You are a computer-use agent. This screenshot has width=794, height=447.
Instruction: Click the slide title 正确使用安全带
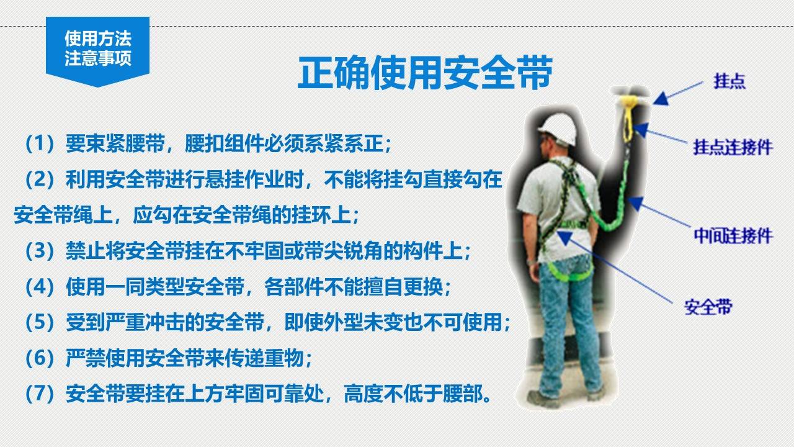[x=424, y=74]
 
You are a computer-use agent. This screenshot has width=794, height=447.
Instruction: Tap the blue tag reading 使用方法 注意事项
[x=98, y=49]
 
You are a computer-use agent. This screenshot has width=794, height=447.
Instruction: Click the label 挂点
[x=729, y=82]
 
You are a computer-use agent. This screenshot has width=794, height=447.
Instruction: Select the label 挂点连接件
[x=733, y=147]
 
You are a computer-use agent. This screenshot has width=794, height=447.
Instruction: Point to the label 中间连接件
[x=733, y=235]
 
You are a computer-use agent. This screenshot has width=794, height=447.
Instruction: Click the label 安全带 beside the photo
[x=708, y=306]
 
